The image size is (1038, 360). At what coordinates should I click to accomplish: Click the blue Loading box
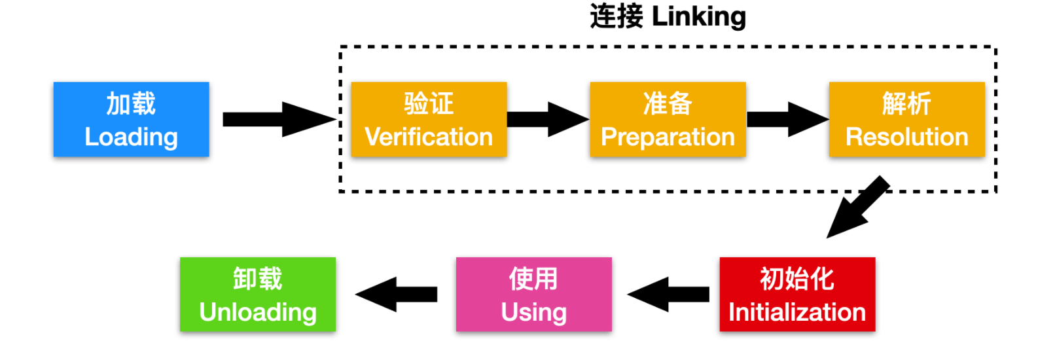pyautogui.click(x=131, y=120)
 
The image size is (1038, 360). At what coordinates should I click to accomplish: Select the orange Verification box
pyautogui.click(x=429, y=120)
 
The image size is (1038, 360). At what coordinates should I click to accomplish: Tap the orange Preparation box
pyautogui.click(x=668, y=120)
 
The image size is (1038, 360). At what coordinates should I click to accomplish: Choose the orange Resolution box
pyautogui.click(x=907, y=120)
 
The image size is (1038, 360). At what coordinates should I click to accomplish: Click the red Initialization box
pyautogui.click(x=798, y=294)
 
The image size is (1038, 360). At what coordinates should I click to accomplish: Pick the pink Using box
pyautogui.click(x=534, y=294)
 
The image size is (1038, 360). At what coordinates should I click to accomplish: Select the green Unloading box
pyautogui.click(x=258, y=294)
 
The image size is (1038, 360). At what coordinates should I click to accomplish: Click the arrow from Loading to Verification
pyautogui.click(x=280, y=120)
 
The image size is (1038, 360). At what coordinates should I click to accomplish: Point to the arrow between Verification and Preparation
pyautogui.click(x=548, y=120)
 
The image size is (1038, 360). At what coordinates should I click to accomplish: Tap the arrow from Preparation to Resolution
pyautogui.click(x=788, y=120)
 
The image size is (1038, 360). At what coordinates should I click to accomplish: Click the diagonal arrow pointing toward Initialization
pyautogui.click(x=858, y=207)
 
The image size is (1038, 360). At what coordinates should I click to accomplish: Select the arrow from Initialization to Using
pyautogui.click(x=668, y=294)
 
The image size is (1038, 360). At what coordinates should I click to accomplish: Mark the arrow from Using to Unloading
pyautogui.click(x=396, y=294)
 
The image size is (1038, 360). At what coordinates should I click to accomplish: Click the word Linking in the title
pyautogui.click(x=699, y=17)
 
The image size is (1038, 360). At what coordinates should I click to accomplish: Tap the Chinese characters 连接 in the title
pyautogui.click(x=617, y=16)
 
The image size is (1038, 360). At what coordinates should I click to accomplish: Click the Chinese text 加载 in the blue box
pyautogui.click(x=131, y=103)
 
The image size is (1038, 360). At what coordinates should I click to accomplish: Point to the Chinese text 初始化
pyautogui.click(x=797, y=278)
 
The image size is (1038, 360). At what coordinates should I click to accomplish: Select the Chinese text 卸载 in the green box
pyautogui.click(x=258, y=278)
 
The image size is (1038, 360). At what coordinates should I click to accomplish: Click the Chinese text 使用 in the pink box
pyautogui.click(x=533, y=278)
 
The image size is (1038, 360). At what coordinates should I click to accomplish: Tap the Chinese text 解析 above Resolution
pyautogui.click(x=906, y=103)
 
